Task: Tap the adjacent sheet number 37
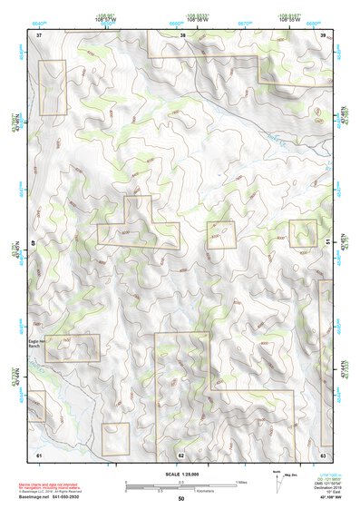click(39, 34)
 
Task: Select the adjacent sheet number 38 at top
click(182, 34)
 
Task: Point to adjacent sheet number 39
click(323, 34)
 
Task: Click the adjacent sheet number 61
click(39, 453)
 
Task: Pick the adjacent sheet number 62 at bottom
click(181, 454)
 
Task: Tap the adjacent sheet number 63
click(323, 453)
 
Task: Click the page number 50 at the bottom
click(181, 498)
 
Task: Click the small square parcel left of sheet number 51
click(303, 233)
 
